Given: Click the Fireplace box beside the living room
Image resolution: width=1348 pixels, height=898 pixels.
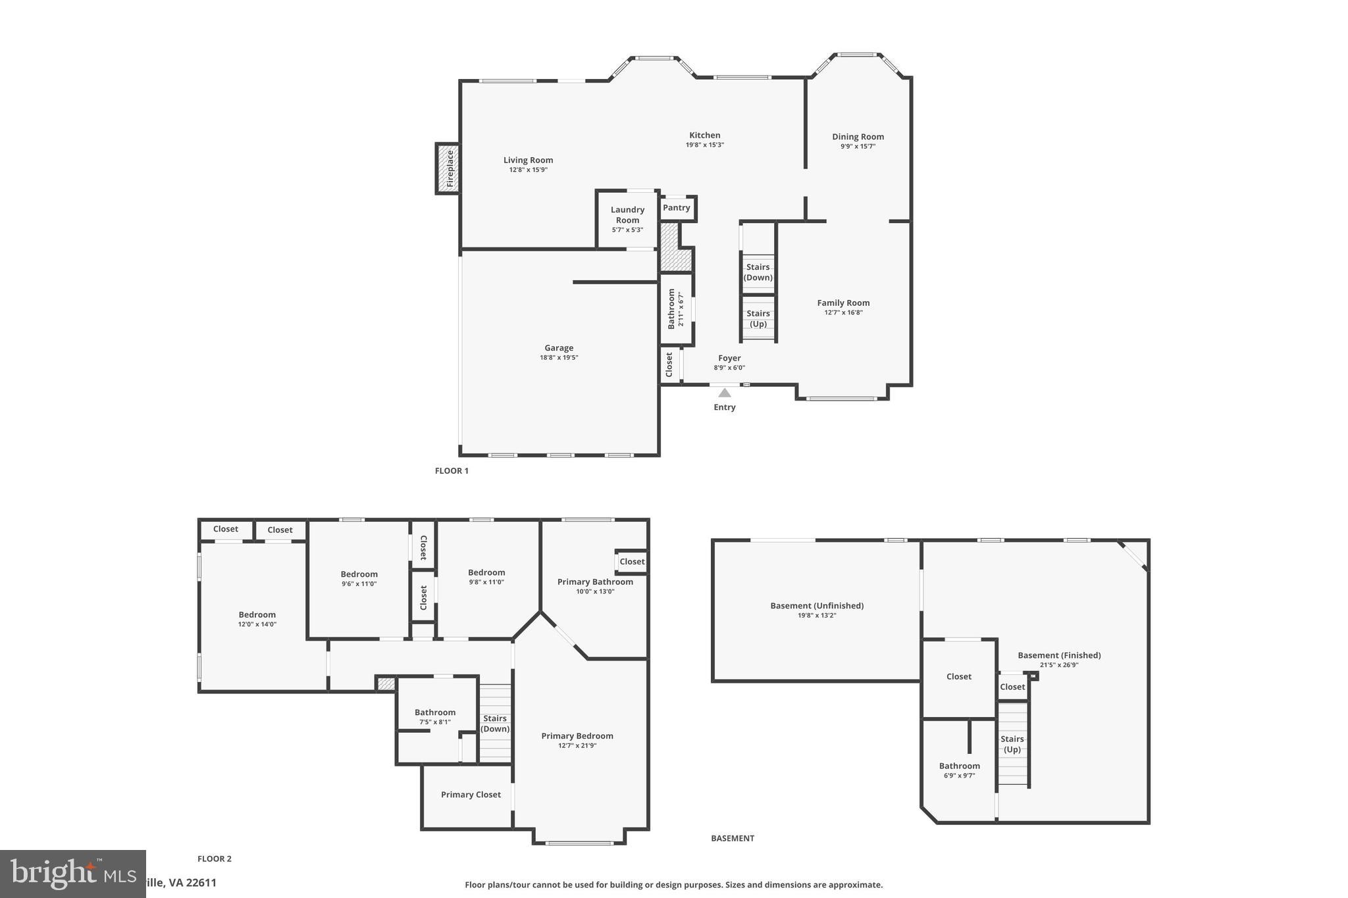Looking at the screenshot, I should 448,168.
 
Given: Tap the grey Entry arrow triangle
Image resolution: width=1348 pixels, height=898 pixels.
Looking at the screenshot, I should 724,393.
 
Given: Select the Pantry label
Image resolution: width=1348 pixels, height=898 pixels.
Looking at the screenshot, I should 676,208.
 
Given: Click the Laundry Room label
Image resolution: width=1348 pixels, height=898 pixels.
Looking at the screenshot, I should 627,215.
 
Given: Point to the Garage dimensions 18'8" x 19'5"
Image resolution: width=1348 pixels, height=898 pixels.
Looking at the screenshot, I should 559,358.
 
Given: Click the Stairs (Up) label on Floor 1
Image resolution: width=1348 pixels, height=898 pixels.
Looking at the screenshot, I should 758,318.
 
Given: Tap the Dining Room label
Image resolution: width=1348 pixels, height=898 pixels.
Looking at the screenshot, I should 858,137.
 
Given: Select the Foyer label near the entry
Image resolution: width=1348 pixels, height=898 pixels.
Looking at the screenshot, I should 729,359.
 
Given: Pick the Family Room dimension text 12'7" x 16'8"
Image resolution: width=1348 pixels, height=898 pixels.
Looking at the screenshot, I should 843,312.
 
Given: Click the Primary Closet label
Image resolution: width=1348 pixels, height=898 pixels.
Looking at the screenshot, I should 471,795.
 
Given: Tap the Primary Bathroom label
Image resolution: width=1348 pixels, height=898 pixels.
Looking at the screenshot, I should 595,582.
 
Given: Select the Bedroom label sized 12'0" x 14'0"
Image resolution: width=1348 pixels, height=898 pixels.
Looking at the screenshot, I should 257,614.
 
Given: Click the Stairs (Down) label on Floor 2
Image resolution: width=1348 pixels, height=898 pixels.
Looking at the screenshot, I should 495,724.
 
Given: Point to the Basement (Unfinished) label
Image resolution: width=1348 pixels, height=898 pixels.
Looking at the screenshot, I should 817,606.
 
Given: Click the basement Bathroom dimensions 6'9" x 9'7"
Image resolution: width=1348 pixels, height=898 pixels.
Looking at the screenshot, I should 959,776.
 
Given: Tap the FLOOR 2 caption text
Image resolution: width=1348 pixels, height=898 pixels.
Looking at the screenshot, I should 215,859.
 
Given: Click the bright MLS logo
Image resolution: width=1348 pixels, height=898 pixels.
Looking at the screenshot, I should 72,874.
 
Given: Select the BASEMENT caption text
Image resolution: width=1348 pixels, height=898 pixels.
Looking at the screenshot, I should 733,838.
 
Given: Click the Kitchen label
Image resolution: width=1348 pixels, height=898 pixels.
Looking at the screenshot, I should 704,136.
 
